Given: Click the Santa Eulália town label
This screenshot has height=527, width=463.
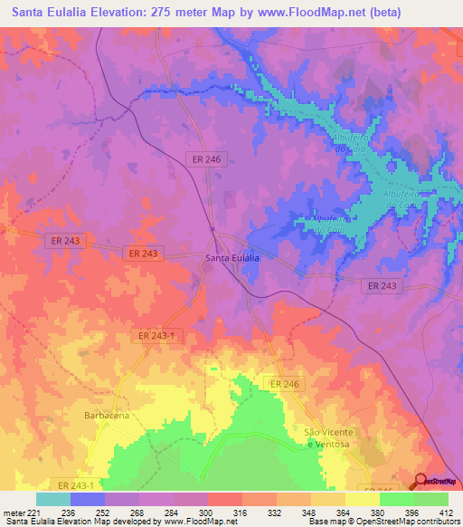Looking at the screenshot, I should pyautogui.click(x=232, y=258).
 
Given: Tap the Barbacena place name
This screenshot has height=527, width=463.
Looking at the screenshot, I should pyautogui.click(x=108, y=415).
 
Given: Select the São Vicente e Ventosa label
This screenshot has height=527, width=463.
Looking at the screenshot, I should pyautogui.click(x=326, y=436).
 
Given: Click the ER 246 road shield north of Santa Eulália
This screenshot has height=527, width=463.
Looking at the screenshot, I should pyautogui.click(x=206, y=158).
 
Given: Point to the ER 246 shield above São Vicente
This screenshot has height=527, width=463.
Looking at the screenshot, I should pyautogui.click(x=284, y=385).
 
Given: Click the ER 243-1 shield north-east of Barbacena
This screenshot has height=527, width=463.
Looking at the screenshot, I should pyautogui.click(x=157, y=336).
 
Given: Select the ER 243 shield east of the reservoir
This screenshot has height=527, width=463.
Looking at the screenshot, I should pyautogui.click(x=383, y=285).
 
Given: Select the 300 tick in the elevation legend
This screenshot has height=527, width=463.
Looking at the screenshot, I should pyautogui.click(x=207, y=512).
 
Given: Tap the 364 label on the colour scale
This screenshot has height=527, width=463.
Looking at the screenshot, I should pyautogui.click(x=345, y=512).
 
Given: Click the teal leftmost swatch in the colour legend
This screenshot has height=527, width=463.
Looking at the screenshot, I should pyautogui.click(x=53, y=499).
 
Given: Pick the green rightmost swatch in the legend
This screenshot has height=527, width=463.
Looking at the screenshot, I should pyautogui.click(x=431, y=499).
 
